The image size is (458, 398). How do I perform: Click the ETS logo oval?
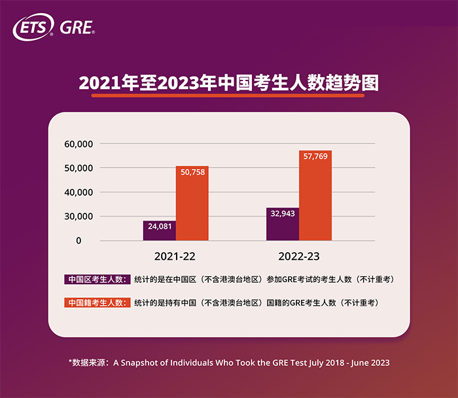pos(33,29)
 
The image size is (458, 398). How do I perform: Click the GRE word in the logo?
pos(77,29)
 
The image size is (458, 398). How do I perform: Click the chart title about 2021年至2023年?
pos(228,84)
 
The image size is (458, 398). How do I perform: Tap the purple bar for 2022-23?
pos(282,225)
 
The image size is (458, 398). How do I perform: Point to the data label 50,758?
pos(192,173)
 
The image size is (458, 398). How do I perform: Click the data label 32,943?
pos(282,213)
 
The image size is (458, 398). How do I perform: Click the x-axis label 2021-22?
pos(175,256)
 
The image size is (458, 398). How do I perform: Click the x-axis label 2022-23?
pos(298,256)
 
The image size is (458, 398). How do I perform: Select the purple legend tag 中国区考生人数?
pos(97,280)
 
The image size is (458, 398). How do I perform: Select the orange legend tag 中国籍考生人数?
pos(97,303)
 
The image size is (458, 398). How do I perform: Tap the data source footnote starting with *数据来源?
pos(228,362)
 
